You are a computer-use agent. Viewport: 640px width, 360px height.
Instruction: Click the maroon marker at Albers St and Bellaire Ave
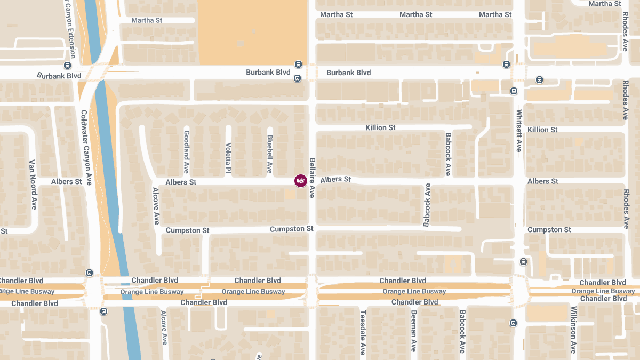tap(301, 181)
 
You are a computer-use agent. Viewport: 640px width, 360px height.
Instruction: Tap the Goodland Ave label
tap(186, 152)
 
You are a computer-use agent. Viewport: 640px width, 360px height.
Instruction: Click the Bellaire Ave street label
tap(313, 178)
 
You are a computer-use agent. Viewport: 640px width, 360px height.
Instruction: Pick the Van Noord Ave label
tap(33, 184)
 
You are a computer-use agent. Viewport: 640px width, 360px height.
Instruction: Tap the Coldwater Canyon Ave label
tap(86, 148)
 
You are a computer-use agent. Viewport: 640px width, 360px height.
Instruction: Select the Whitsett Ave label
tap(519, 131)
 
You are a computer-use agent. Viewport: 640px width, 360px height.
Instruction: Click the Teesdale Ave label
tap(363, 332)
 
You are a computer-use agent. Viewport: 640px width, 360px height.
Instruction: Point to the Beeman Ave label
tap(413, 331)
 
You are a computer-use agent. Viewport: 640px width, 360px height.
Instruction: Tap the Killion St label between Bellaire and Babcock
tap(380, 128)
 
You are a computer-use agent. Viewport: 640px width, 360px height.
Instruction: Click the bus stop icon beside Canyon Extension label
tap(67, 66)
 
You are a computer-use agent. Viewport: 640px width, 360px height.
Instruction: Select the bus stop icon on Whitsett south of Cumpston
tap(523, 262)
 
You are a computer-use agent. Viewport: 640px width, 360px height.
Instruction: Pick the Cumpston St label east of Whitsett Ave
tap(549, 230)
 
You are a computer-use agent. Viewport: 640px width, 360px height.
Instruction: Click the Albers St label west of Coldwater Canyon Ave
tap(67, 182)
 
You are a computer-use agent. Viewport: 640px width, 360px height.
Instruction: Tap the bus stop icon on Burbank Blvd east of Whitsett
tap(539, 80)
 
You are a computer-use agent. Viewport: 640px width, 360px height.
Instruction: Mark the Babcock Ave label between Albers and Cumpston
tap(427, 205)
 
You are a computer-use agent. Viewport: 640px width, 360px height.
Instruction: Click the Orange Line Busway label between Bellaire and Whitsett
tap(414, 291)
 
